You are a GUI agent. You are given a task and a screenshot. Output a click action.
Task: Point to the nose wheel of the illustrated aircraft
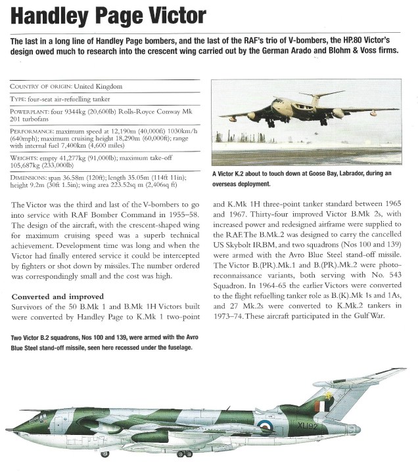coord(104,453)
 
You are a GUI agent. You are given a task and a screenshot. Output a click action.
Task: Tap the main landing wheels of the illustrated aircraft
coord(183,453)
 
